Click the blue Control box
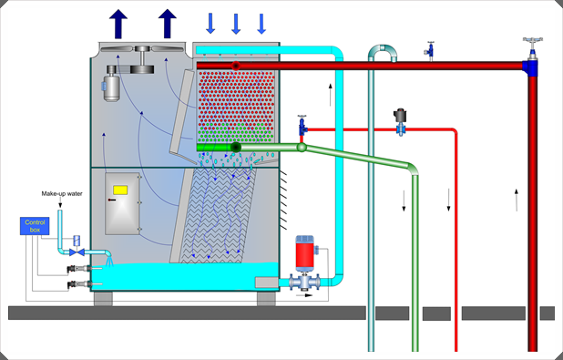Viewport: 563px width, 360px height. [36, 227]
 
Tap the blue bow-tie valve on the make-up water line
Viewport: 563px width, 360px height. [77, 251]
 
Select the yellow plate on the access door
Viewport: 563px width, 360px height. [119, 190]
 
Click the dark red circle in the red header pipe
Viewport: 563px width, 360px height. [237, 66]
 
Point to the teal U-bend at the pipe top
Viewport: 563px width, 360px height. [382, 52]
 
